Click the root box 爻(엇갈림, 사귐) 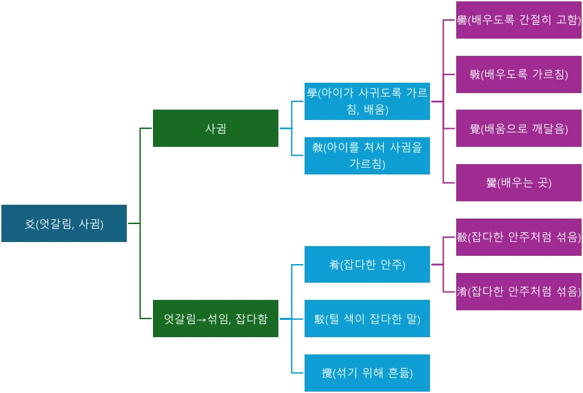coord(64,223)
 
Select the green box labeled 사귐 coord(216,128)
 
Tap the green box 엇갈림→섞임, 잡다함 coord(216,319)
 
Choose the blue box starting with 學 coord(367,101)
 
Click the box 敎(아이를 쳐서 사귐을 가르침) coord(367,156)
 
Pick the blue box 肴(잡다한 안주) coord(367,265)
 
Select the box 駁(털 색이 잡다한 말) coord(367,319)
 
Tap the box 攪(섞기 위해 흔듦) coord(367,373)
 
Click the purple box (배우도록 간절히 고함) coord(518,20)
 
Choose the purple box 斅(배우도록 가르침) coord(518,74)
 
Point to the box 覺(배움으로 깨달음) coord(518,128)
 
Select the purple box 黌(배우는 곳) coord(518,183)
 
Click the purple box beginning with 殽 coord(518,237)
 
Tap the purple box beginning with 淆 coord(518,292)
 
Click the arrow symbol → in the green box coord(202,319)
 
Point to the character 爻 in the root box coord(30,223)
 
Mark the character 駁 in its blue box coord(319,319)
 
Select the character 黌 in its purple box coord(491,183)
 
